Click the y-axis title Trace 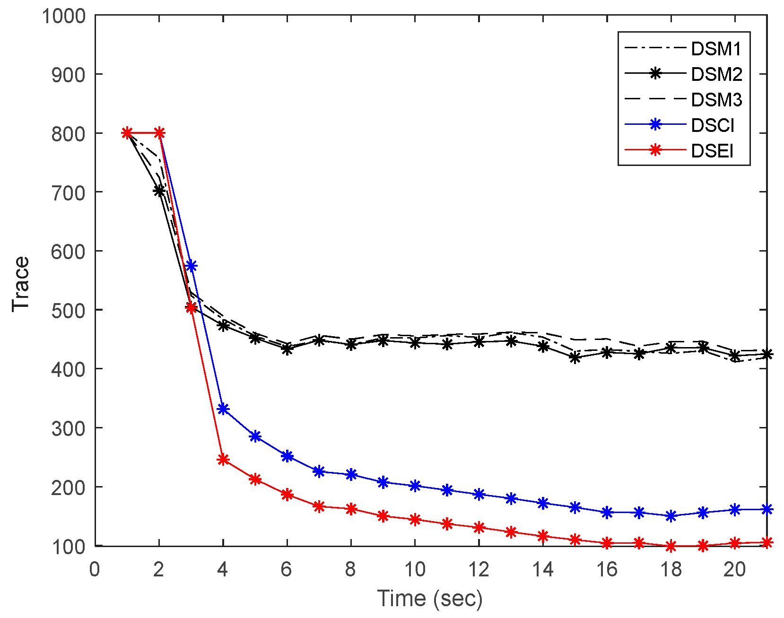click(21, 284)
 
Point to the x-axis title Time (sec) click(430, 598)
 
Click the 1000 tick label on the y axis click(64, 16)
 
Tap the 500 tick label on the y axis click(69, 310)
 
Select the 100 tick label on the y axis click(69, 547)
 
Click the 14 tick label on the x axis click(543, 569)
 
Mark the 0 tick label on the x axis click(95, 569)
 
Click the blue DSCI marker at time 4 click(223, 409)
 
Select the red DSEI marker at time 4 click(223, 460)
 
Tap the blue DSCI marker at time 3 click(191, 266)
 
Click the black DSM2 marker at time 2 click(159, 191)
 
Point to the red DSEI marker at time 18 click(671, 546)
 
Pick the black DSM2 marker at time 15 click(575, 358)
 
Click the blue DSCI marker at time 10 click(415, 486)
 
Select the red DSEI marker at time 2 click(159, 133)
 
